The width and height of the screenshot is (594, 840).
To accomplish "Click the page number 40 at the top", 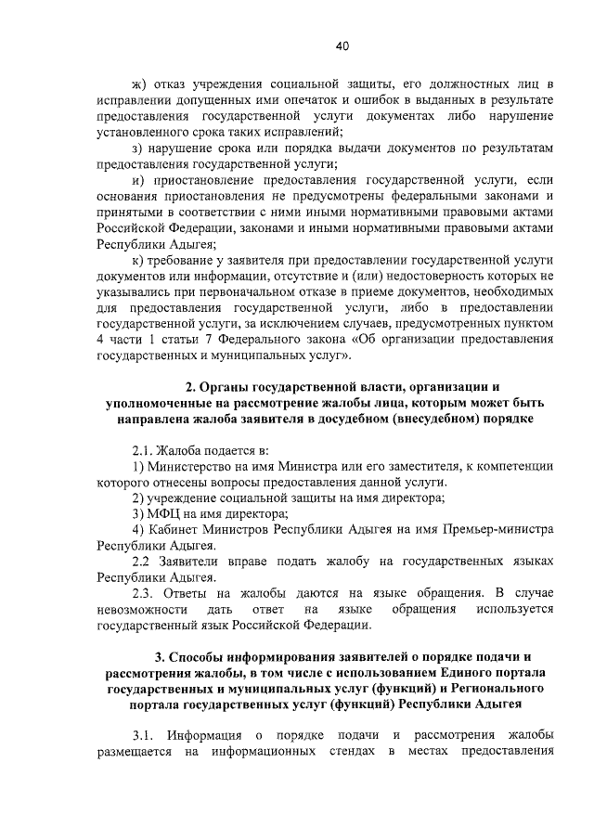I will [x=342, y=45].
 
